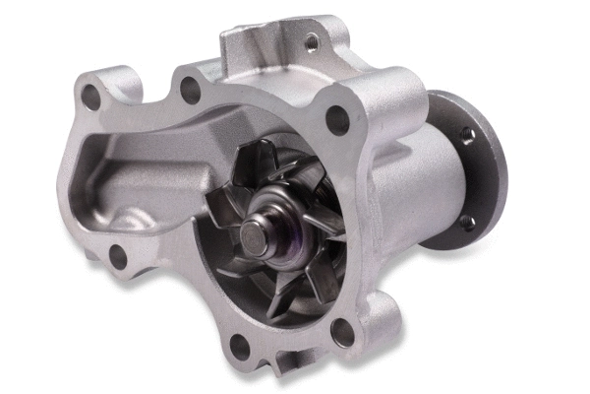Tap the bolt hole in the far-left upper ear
click(90, 97)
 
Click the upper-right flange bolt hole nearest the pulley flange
click(337, 120)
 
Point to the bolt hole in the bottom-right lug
click(342, 331)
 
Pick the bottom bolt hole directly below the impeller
click(238, 346)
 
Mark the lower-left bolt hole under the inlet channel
click(117, 258)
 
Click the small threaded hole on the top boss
click(311, 42)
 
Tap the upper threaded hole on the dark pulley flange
click(467, 134)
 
